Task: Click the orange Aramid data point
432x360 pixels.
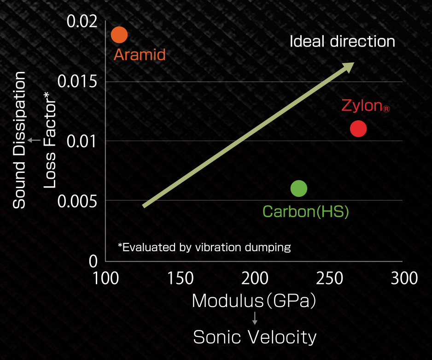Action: [x=119, y=34]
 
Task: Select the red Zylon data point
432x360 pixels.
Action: [x=358, y=129]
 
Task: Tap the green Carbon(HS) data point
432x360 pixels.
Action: [x=299, y=188]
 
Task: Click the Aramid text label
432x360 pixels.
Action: [x=140, y=55]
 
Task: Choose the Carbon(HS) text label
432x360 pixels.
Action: [x=306, y=212]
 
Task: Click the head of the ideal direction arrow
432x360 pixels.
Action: [x=348, y=66]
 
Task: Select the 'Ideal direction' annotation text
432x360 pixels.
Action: [x=342, y=41]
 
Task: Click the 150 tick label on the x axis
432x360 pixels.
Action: [x=181, y=278]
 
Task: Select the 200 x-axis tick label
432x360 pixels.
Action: [x=255, y=278]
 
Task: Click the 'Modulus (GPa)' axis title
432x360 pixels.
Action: [x=255, y=301]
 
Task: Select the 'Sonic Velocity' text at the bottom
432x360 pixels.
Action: [x=255, y=337]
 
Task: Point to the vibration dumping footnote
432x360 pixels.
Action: [x=204, y=247]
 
